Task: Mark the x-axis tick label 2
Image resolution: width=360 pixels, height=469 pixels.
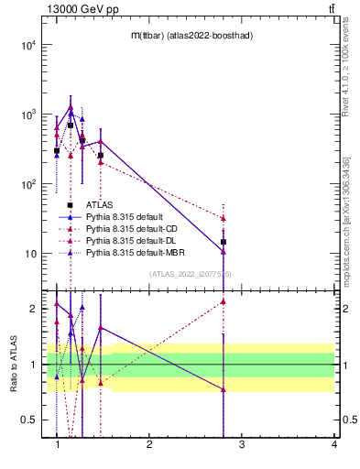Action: point(149,444)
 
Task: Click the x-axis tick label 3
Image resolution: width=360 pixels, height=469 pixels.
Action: point(242,444)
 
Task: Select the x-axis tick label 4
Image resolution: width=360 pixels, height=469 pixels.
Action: point(333,444)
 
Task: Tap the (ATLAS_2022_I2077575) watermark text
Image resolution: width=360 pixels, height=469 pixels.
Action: point(191,273)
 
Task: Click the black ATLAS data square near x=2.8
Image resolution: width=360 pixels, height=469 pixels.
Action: point(224,242)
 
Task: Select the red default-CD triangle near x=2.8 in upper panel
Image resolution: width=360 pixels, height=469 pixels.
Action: point(224,218)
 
